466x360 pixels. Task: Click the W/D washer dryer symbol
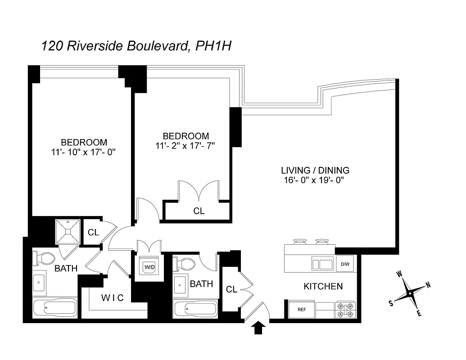(149, 266)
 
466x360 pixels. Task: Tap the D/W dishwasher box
(345, 263)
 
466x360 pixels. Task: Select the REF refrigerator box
(302, 309)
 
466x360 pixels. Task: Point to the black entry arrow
(258, 328)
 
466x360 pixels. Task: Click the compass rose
(409, 294)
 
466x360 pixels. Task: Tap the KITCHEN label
(323, 286)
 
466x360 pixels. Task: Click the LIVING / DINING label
(315, 171)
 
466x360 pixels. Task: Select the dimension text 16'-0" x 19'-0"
(314, 180)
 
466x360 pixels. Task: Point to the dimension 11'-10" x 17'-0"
(84, 152)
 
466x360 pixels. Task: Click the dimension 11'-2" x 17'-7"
(185, 145)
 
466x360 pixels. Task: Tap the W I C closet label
(112, 297)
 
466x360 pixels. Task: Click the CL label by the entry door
(231, 290)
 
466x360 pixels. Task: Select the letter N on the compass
(428, 284)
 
